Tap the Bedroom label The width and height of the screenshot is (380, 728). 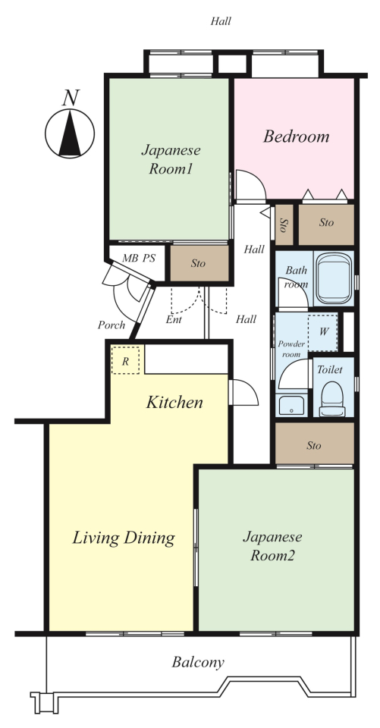click(x=296, y=136)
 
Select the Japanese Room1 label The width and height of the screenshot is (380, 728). click(x=171, y=159)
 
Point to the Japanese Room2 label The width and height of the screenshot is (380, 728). click(x=273, y=546)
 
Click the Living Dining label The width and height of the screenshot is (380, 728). click(x=124, y=538)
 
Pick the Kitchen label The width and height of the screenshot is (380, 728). click(x=174, y=402)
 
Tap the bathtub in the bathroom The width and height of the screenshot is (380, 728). click(x=333, y=278)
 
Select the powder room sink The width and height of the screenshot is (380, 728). click(x=292, y=405)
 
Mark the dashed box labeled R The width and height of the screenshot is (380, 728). click(x=125, y=359)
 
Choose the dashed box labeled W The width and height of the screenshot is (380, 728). click(x=323, y=332)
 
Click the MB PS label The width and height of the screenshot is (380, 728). click(x=139, y=259)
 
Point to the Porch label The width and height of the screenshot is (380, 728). click(x=111, y=325)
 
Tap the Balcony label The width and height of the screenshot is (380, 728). click(x=198, y=662)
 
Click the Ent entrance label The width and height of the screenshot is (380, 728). click(x=174, y=319)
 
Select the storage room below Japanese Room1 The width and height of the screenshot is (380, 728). click(x=199, y=263)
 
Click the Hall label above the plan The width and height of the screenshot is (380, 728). click(x=221, y=21)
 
